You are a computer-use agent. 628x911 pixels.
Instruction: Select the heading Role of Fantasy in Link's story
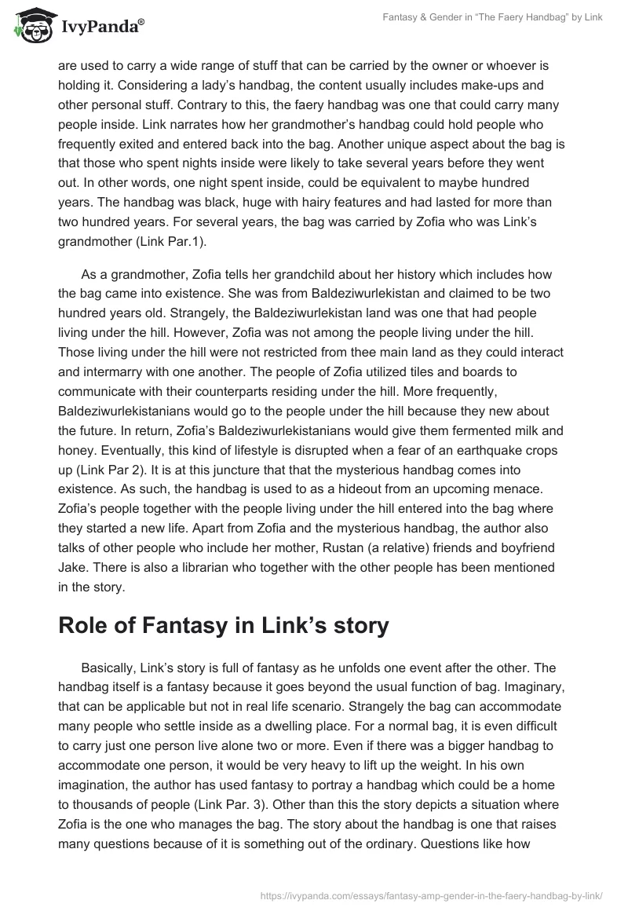click(x=224, y=627)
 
